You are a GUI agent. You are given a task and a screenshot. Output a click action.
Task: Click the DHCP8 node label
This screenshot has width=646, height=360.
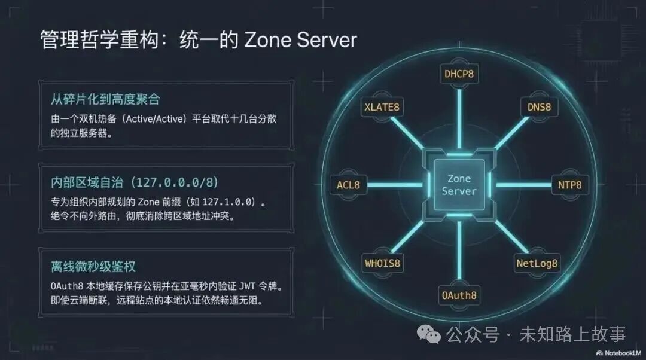click(459, 74)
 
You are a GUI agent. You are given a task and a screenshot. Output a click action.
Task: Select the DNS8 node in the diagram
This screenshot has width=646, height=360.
click(539, 107)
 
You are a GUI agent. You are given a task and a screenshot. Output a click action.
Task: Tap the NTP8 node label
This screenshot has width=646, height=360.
click(570, 185)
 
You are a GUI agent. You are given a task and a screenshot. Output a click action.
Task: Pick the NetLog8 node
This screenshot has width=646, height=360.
click(537, 263)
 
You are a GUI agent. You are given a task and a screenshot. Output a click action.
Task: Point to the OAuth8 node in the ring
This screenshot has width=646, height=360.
click(459, 295)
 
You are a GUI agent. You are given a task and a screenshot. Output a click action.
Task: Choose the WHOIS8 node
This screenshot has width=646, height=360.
click(382, 263)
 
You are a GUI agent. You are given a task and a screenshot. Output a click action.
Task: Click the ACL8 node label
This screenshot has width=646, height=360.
click(348, 185)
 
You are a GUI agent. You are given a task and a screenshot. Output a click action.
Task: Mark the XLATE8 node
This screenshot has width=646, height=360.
click(382, 107)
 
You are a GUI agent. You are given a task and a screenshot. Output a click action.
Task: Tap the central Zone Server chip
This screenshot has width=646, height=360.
click(459, 185)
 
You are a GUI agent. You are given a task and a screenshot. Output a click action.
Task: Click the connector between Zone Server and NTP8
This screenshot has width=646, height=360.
click(524, 185)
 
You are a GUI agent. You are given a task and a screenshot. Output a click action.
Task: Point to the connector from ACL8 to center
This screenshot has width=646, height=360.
click(395, 185)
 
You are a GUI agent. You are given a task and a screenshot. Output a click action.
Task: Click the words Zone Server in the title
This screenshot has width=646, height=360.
click(300, 40)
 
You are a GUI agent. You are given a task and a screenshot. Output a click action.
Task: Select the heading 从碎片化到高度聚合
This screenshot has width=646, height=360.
click(105, 99)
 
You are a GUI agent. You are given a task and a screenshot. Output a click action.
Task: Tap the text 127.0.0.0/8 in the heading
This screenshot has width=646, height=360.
click(175, 182)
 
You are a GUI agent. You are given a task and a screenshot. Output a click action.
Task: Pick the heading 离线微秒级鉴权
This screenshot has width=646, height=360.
click(93, 267)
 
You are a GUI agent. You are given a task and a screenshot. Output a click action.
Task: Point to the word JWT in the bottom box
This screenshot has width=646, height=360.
click(247, 286)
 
